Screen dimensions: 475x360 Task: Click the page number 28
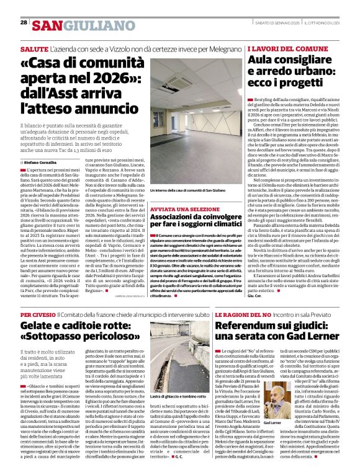point(24,23)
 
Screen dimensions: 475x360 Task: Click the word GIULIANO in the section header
point(93,25)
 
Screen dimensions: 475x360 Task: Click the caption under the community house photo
point(178,189)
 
